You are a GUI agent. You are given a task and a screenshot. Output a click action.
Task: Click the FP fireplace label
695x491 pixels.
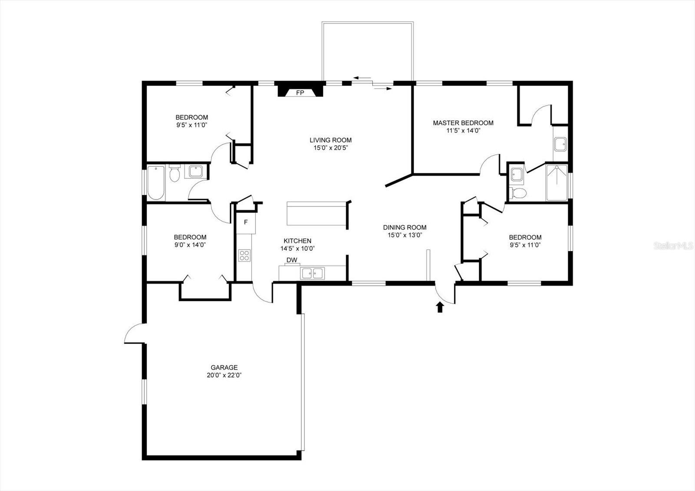click(x=300, y=93)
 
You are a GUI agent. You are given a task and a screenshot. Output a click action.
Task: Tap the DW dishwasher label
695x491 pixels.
click(x=292, y=260)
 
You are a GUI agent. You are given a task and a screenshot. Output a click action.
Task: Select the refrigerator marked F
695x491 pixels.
click(x=246, y=223)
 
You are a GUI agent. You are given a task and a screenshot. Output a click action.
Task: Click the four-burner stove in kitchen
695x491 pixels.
click(x=244, y=255)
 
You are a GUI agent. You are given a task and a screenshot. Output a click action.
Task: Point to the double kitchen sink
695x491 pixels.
click(x=313, y=273)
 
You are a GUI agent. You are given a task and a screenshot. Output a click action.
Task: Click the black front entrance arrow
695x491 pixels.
click(x=440, y=307)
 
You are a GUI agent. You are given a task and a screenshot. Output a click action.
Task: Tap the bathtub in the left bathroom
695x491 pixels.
click(x=156, y=183)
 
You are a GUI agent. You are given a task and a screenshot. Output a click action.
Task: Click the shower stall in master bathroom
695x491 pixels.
click(x=557, y=183)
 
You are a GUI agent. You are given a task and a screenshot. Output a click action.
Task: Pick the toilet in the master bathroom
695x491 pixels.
click(x=518, y=193)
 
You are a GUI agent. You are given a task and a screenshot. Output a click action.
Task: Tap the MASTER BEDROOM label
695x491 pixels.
click(x=463, y=123)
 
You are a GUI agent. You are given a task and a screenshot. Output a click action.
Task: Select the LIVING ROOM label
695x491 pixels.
click(x=331, y=140)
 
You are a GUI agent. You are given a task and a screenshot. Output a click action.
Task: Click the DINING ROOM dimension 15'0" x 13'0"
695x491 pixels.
click(x=405, y=235)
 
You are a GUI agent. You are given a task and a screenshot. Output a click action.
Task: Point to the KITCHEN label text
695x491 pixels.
click(x=298, y=241)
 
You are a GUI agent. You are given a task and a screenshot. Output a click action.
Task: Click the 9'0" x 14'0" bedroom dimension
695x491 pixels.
click(x=190, y=245)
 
